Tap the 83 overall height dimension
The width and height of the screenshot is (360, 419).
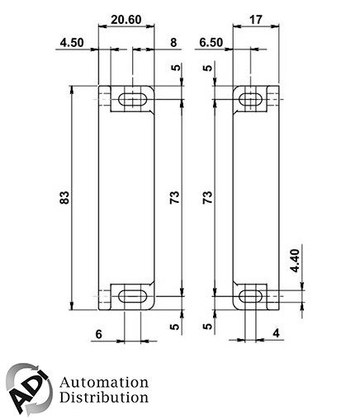click(x=64, y=198)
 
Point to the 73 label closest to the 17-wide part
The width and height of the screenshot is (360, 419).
click(x=207, y=198)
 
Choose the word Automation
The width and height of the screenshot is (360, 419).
click(x=104, y=383)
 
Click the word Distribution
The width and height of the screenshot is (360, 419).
click(x=104, y=398)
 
